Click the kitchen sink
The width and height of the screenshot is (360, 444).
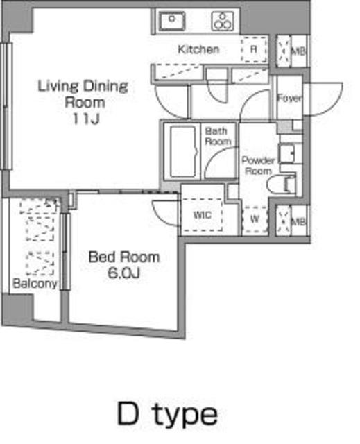(171, 21)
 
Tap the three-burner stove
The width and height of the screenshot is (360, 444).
(223, 21)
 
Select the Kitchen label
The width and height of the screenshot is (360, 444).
(198, 49)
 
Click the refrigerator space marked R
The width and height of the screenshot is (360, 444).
(254, 49)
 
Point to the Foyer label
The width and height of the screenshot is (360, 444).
(289, 99)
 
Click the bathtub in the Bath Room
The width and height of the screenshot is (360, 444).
(183, 151)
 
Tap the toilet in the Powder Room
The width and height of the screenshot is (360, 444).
(282, 185)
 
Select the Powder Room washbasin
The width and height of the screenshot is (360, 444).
(286, 154)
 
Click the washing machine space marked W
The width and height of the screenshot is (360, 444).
(255, 219)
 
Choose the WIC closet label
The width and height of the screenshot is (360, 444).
(203, 215)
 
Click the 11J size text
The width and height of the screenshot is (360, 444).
(86, 119)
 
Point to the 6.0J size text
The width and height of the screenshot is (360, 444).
(123, 273)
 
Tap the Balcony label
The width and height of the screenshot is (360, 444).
(35, 283)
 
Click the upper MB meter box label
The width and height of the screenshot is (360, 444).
(298, 51)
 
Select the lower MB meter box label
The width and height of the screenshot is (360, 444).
(298, 222)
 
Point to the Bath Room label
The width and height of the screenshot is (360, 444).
(217, 136)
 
